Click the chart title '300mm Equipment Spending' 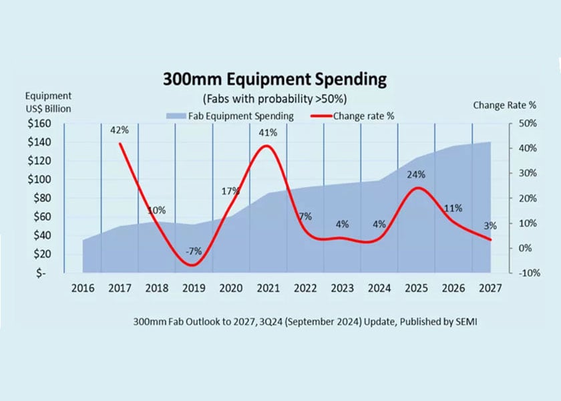point(274,80)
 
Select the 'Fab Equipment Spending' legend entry point(230,116)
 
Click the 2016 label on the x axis point(83,289)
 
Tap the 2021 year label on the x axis point(268,289)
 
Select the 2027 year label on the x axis point(490,289)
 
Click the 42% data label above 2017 point(120,130)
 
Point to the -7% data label point(194,251)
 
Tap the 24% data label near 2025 point(417,174)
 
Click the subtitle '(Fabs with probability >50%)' point(274,98)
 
